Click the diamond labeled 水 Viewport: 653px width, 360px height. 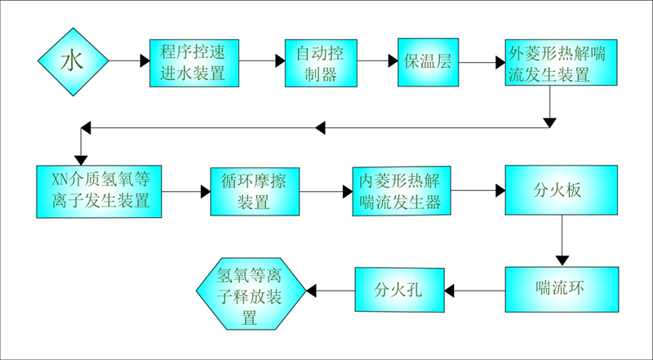click(x=73, y=61)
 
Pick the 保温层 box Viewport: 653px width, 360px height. click(x=429, y=62)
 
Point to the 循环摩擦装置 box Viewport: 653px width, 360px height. click(x=255, y=191)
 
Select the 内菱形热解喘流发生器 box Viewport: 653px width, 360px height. click(x=401, y=191)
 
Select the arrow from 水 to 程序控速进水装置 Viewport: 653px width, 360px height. click(x=128, y=61)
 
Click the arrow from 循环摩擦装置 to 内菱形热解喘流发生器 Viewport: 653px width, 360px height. click(x=326, y=191)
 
